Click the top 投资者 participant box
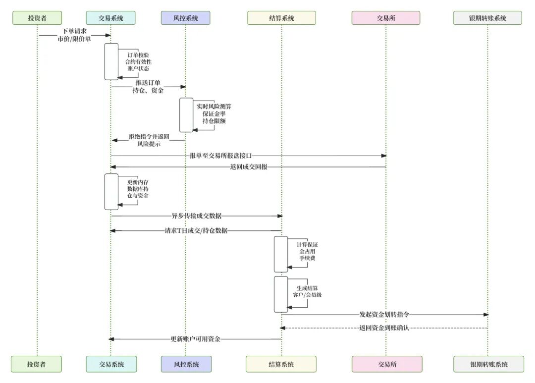[37, 18]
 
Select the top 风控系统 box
[185, 18]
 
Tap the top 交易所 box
[386, 18]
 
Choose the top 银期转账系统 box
[487, 18]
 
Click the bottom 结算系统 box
[281, 364]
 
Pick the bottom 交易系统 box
[111, 364]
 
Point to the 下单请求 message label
[74, 31]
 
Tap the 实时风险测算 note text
[214, 107]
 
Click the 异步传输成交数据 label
[197, 216]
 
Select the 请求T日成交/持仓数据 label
[196, 230]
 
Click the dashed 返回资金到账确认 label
[384, 328]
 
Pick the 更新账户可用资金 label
[196, 339]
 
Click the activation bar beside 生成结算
[281, 294]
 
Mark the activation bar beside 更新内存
[111, 191]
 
